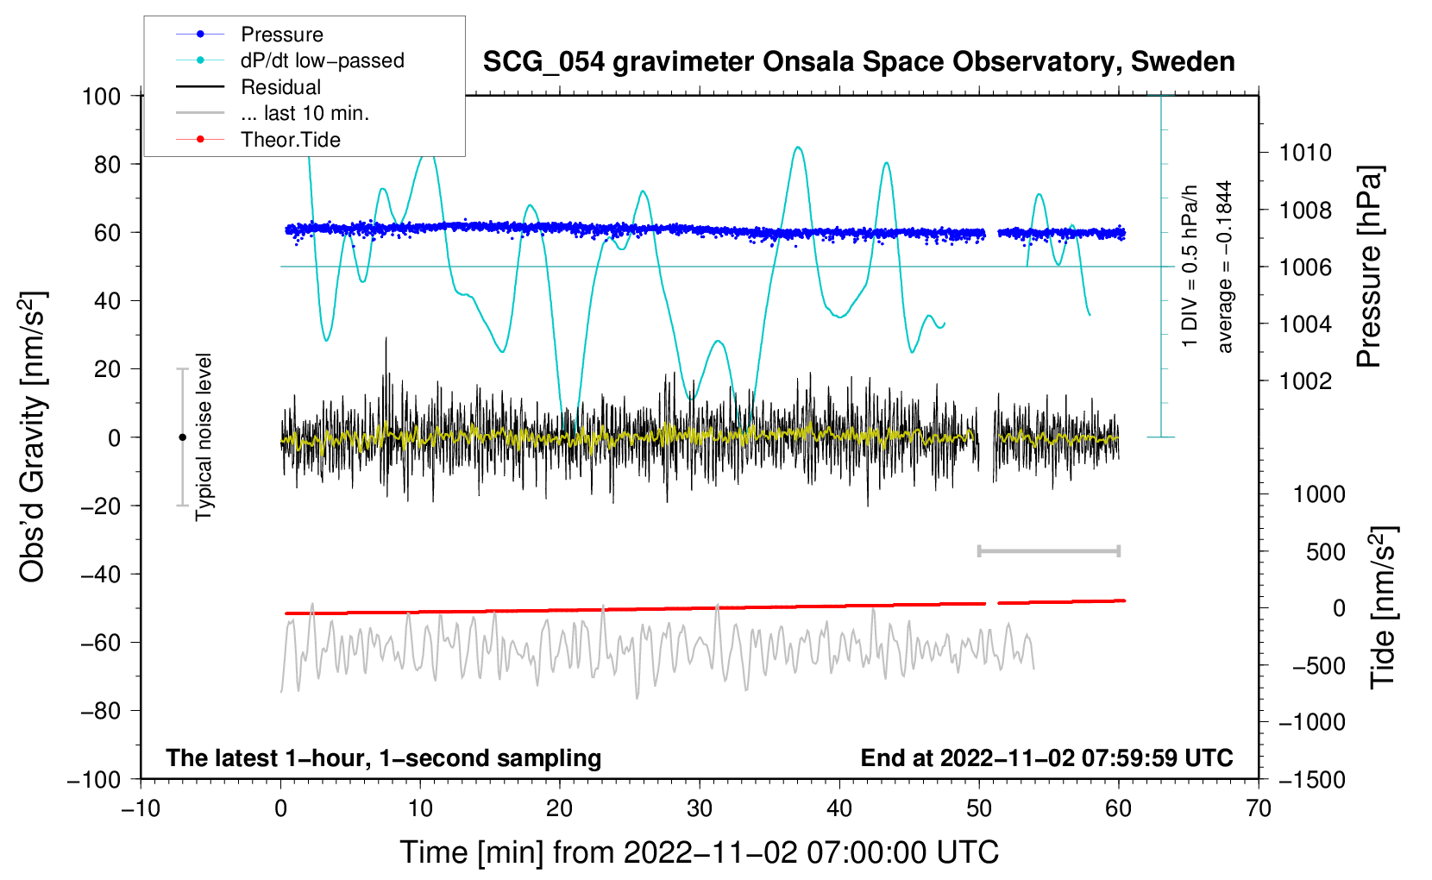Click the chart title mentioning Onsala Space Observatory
[x=858, y=62]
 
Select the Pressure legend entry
[x=250, y=34]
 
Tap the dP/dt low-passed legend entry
[x=290, y=60]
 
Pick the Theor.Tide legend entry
[x=258, y=140]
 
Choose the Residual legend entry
[x=248, y=87]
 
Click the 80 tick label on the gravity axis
[x=107, y=165]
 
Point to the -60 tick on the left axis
[x=100, y=642]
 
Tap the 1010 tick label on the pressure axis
[x=1305, y=153]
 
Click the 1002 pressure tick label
[x=1305, y=381]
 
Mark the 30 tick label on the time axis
[x=700, y=809]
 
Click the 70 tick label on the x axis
[x=1258, y=809]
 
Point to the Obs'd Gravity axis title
[x=33, y=437]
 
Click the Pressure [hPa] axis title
[x=1369, y=267]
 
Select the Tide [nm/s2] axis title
[x=1384, y=607]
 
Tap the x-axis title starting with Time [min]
[x=699, y=852]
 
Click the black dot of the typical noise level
[x=182, y=437]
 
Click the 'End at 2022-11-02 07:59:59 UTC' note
[x=1046, y=757]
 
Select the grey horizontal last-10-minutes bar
[x=1048, y=551]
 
